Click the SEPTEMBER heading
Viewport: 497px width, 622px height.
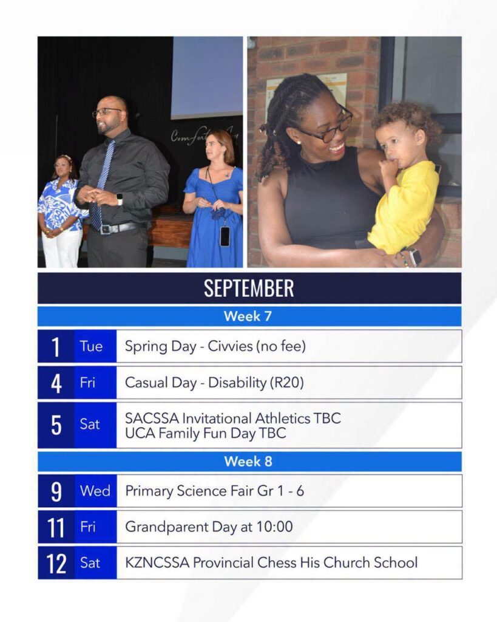(249, 288)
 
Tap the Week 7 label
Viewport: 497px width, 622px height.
(248, 316)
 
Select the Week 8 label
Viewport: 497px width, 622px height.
(248, 462)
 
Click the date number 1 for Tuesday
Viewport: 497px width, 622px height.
(56, 346)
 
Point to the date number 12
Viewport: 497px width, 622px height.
(56, 563)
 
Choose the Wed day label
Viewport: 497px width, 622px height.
(95, 491)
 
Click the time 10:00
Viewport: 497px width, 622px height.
(275, 527)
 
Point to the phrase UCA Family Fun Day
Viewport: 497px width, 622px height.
(190, 433)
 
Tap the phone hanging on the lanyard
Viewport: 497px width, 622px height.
(225, 236)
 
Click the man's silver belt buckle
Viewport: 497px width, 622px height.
(105, 229)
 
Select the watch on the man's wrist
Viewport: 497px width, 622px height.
(120, 199)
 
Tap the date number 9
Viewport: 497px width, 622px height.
(56, 491)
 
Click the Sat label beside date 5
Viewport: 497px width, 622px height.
(90, 425)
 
